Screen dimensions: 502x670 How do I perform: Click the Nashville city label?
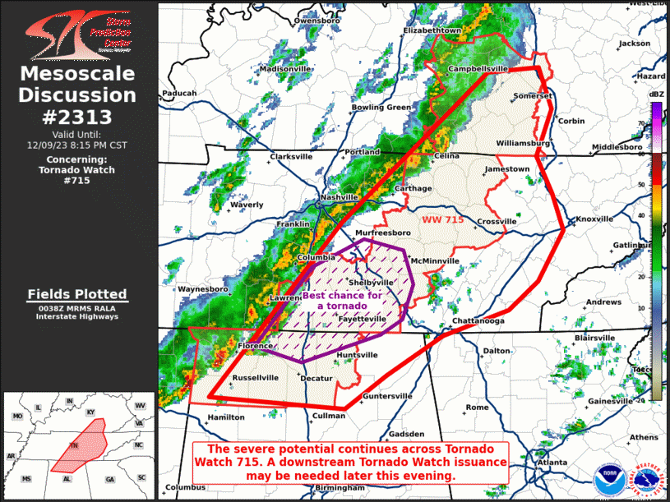tap(339, 198)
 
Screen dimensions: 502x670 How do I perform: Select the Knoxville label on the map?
tap(594, 219)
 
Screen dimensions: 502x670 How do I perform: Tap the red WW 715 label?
tap(443, 220)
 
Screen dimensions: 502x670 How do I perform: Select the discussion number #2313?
tap(77, 117)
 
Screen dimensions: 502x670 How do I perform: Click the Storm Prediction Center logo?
tap(77, 33)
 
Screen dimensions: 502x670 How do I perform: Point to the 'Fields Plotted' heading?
tap(77, 294)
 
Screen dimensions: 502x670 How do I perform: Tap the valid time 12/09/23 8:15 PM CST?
tap(77, 145)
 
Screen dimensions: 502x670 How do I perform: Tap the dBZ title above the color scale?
tap(656, 95)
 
